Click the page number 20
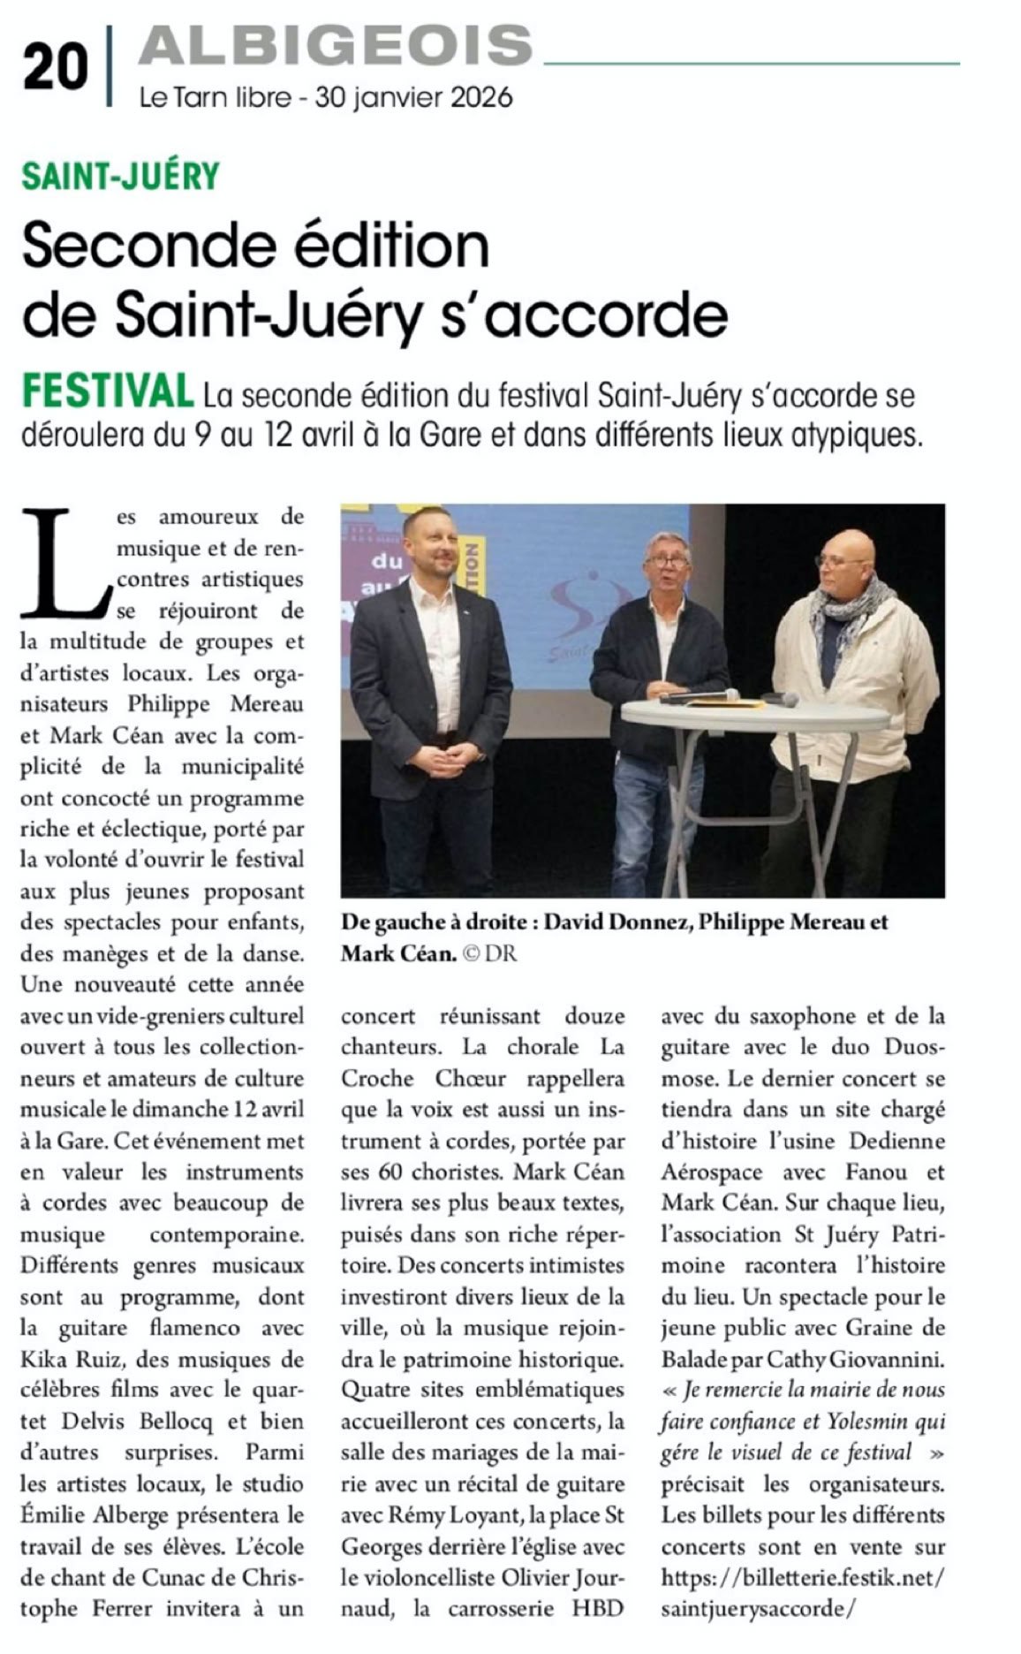tap(55, 68)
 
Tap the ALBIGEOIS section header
tap(336, 44)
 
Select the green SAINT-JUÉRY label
tap(121, 176)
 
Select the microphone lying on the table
tap(702, 695)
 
